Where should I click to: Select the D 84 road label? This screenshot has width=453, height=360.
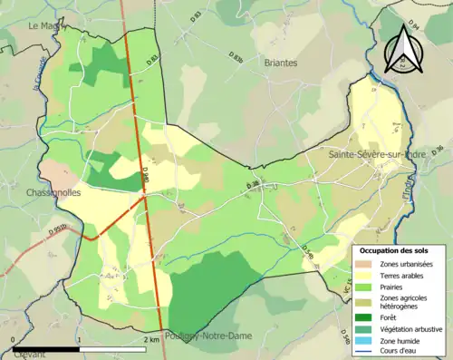click(x=414, y=24)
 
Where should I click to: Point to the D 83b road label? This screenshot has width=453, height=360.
click(x=236, y=57)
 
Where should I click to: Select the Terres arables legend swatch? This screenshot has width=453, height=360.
click(x=367, y=275)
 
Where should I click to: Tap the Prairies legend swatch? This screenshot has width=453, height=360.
click(x=367, y=287)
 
